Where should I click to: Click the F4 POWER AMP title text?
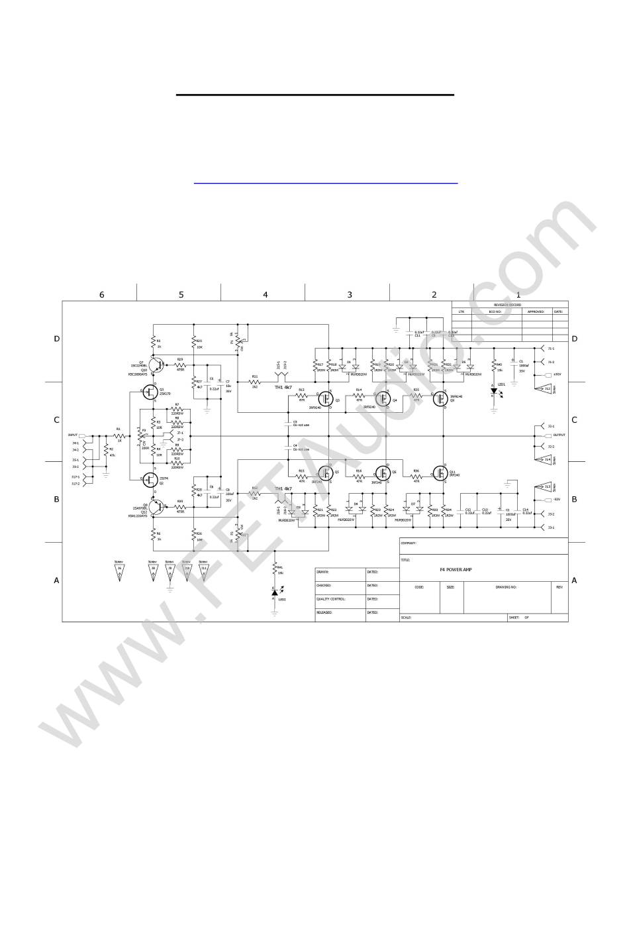pyautogui.click(x=456, y=570)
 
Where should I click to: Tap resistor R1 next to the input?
pyautogui.click(x=119, y=435)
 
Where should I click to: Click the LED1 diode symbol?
pyautogui.click(x=494, y=391)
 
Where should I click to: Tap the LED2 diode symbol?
pyautogui.click(x=275, y=592)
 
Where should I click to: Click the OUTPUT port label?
pyautogui.click(x=559, y=435)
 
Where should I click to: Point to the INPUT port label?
pyautogui.click(x=73, y=435)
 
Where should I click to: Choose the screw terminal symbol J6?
pyautogui.click(x=120, y=571)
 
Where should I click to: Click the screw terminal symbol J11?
pyautogui.click(x=203, y=571)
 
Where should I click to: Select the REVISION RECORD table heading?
pyautogui.click(x=508, y=304)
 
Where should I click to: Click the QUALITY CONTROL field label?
pyautogui.click(x=332, y=598)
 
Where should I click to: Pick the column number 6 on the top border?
pyautogui.click(x=101, y=295)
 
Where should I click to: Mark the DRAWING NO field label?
pyautogui.click(x=506, y=586)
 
